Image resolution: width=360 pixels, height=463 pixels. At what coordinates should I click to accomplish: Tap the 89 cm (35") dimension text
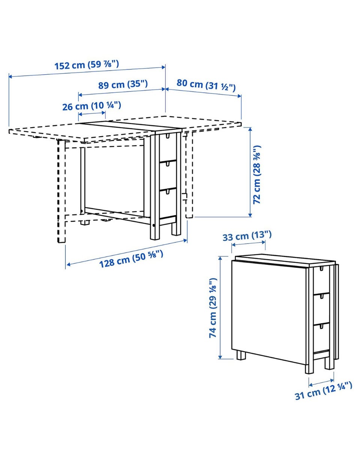tap(123, 85)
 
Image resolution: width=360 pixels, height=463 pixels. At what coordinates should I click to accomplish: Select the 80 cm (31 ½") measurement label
tap(206, 85)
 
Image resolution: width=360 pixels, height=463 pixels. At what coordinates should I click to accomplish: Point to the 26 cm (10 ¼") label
tap(91, 106)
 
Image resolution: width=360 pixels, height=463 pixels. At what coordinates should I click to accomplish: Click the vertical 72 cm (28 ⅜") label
tap(256, 174)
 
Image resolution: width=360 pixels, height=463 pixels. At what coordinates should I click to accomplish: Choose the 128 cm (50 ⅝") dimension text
tap(131, 259)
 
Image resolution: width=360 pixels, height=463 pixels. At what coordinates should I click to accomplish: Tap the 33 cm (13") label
tap(247, 236)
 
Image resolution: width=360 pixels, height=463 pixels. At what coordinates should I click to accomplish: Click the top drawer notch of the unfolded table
tap(168, 135)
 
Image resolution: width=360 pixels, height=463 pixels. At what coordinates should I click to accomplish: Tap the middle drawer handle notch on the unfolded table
tap(168, 164)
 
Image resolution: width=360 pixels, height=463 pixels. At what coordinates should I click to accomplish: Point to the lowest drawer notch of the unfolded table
tap(168, 191)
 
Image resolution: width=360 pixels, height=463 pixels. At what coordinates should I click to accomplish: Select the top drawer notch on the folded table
tap(321, 268)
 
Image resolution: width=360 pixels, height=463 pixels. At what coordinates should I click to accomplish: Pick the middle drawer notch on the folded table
tap(321, 296)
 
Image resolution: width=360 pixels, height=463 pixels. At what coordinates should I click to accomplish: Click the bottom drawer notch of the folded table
tap(321, 326)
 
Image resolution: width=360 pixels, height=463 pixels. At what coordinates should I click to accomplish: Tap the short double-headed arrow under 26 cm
tap(92, 114)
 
